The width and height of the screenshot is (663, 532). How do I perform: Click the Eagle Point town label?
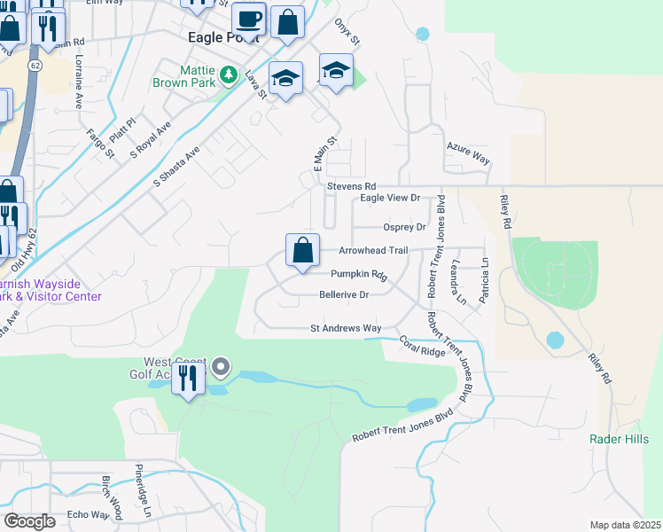pos(224,38)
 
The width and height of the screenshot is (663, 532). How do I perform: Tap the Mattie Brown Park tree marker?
pos(230,74)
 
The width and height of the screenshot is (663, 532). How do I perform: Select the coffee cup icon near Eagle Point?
pos(249,19)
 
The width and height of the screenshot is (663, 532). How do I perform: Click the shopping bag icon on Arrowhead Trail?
pos(302,250)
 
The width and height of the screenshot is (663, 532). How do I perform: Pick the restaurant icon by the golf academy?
pos(188,379)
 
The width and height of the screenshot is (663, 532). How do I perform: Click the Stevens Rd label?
pos(351,186)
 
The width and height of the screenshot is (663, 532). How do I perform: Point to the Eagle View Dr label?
pos(390,199)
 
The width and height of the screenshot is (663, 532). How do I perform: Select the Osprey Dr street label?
pos(404,227)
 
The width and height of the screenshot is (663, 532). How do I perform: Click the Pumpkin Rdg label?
pos(360,275)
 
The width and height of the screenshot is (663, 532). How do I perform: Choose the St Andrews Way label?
pos(346,328)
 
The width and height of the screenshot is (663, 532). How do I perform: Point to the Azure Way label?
pos(469,156)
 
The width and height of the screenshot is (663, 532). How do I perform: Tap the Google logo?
pos(29,521)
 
